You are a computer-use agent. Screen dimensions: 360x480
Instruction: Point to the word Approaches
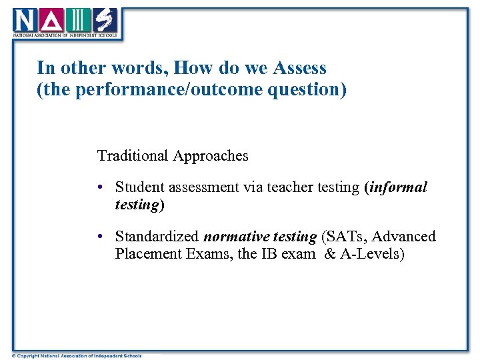(x=211, y=156)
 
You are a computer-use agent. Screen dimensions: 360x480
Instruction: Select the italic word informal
(x=398, y=187)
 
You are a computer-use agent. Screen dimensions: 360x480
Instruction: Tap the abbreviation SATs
(x=346, y=237)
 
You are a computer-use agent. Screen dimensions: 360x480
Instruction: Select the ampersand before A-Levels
(x=329, y=254)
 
